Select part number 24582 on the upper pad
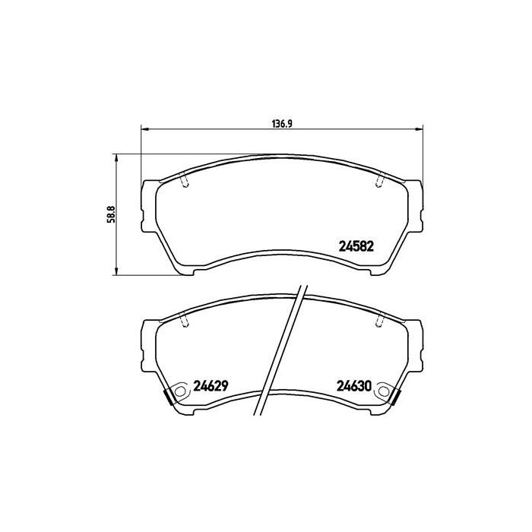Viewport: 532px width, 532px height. [356, 245]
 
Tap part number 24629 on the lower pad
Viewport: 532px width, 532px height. [212, 385]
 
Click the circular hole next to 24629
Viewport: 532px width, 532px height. [181, 393]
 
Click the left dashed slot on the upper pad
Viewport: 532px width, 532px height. [184, 180]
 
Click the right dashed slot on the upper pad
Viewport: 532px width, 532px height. [379, 180]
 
